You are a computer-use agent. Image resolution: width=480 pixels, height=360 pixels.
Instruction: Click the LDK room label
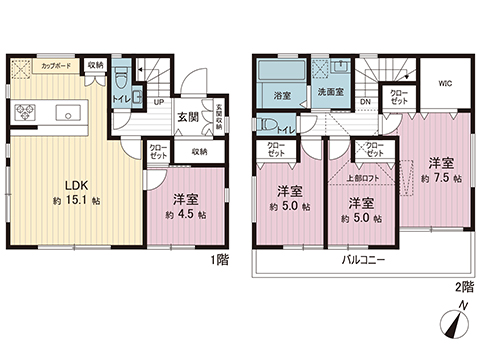pyautogui.click(x=77, y=183)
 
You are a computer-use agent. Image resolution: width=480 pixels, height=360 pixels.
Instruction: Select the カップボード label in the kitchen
pyautogui.click(x=55, y=65)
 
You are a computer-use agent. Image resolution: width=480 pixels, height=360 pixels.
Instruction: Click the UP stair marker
pyautogui.click(x=159, y=101)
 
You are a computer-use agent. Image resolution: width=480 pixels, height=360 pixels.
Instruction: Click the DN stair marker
pyautogui.click(x=366, y=101)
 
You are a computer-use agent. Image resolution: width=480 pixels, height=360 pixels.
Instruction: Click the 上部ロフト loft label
pyautogui.click(x=361, y=179)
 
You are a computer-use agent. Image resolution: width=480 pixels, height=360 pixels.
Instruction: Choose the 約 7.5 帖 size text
pyautogui.click(x=441, y=178)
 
